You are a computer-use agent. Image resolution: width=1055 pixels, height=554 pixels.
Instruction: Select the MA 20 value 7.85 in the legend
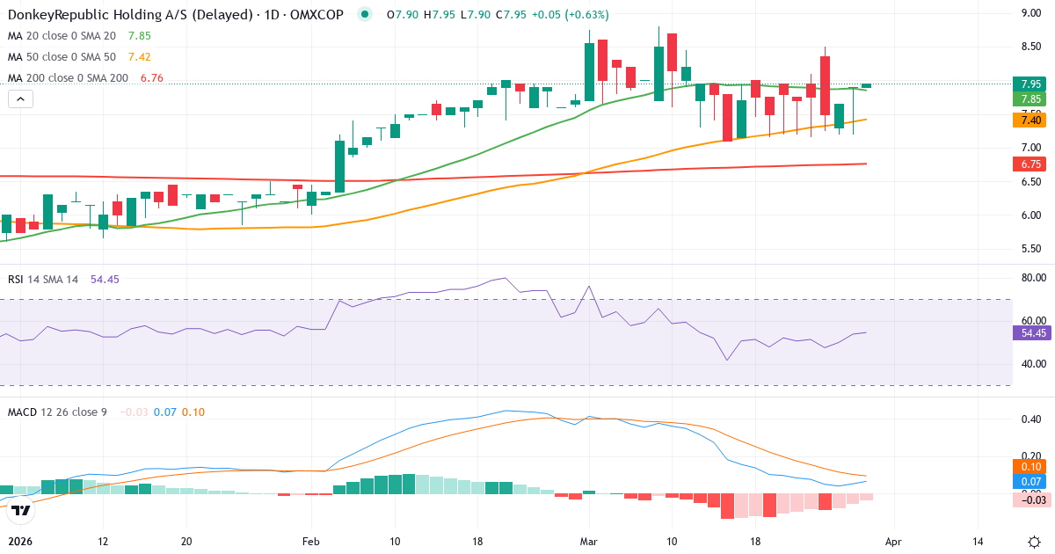click(140, 36)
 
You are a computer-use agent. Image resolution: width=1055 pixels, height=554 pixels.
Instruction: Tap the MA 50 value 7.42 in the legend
click(140, 57)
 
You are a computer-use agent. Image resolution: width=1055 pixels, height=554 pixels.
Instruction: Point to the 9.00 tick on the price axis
click(1030, 13)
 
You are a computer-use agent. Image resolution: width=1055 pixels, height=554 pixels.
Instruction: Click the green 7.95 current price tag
click(1030, 84)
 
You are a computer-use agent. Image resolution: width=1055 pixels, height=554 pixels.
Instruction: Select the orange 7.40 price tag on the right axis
click(1030, 120)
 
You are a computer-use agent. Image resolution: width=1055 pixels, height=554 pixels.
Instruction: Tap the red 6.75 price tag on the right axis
click(1030, 164)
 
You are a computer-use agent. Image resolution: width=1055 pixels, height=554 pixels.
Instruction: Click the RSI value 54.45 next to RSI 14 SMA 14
click(105, 279)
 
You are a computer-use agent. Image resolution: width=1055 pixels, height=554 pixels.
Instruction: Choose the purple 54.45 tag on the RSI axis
click(1030, 333)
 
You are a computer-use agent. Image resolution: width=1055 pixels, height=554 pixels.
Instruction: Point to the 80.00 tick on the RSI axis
click(1030, 278)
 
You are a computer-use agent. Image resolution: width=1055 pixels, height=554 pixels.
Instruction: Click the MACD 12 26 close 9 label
click(57, 412)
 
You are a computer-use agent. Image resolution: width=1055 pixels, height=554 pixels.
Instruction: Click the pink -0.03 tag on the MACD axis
click(1030, 499)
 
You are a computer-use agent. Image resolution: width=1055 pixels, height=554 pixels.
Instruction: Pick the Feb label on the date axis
click(311, 543)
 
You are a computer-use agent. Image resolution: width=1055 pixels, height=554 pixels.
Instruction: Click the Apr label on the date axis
click(893, 543)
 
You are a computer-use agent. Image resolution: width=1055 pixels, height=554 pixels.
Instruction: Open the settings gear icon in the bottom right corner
click(1035, 542)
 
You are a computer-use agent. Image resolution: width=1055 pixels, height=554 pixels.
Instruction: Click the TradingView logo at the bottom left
click(22, 510)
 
